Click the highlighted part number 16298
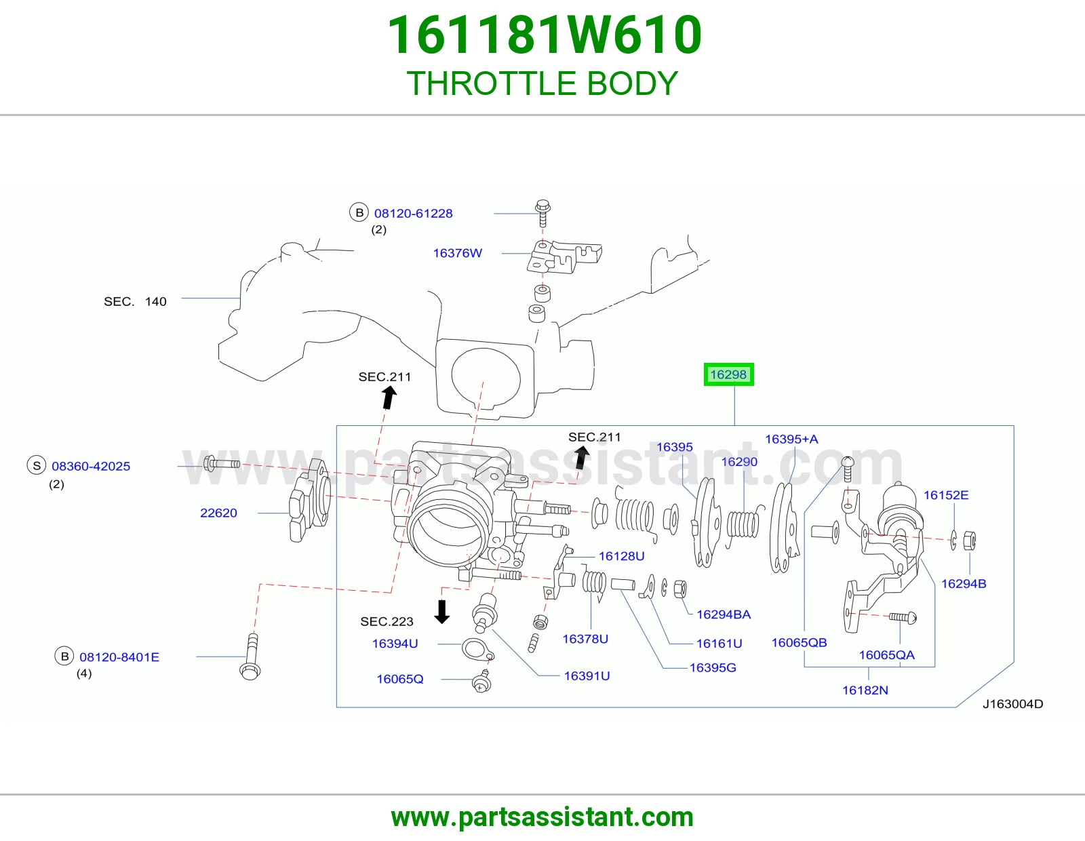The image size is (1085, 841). click(728, 374)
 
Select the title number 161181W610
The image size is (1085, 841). click(545, 35)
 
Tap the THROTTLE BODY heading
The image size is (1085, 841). click(542, 83)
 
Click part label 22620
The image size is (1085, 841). click(218, 513)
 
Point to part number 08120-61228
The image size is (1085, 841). click(414, 213)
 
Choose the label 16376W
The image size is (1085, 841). click(457, 253)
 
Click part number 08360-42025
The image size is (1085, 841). click(91, 466)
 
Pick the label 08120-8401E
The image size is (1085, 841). click(119, 657)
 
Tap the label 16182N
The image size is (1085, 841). click(865, 690)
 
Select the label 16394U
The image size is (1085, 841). click(395, 643)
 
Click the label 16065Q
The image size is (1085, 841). click(400, 679)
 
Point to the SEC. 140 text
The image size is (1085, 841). click(135, 302)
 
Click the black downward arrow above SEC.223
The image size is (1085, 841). click(442, 611)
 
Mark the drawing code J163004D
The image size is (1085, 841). click(1013, 704)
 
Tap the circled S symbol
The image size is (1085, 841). click(37, 465)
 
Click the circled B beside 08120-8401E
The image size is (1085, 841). click(64, 657)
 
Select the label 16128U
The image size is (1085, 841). click(622, 556)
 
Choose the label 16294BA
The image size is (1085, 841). click(724, 614)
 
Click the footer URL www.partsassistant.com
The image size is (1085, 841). click(542, 817)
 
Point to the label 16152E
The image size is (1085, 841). click(946, 495)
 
